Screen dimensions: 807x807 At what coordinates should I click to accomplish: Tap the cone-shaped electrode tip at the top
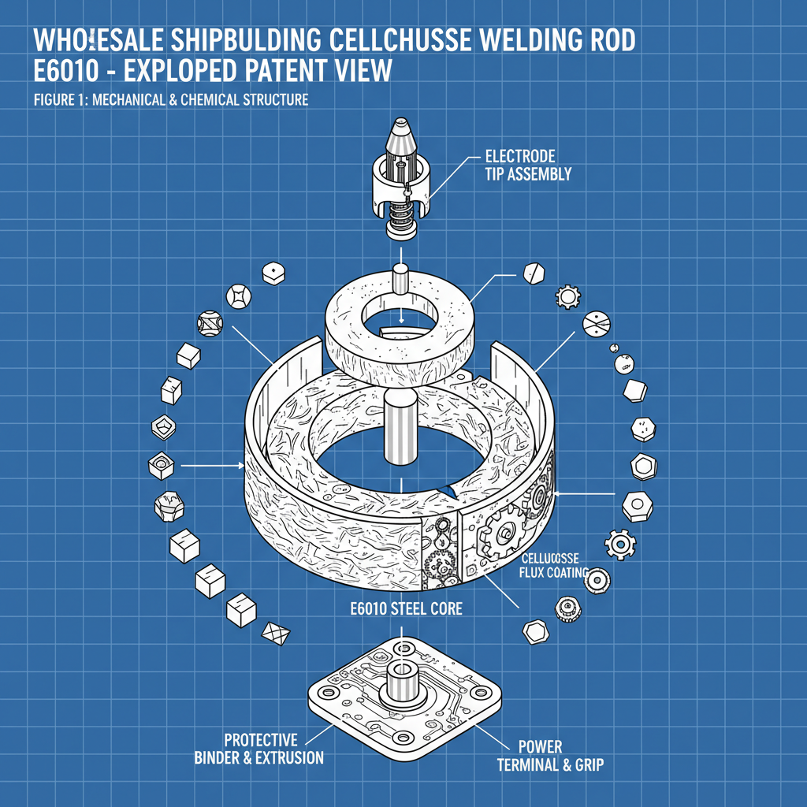click(x=401, y=136)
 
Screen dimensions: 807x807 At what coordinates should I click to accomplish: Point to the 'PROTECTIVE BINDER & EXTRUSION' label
click(x=261, y=749)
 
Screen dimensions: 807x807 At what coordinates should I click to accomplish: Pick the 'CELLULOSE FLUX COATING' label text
click(x=555, y=565)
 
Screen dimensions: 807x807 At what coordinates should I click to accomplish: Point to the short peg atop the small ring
click(x=400, y=279)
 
